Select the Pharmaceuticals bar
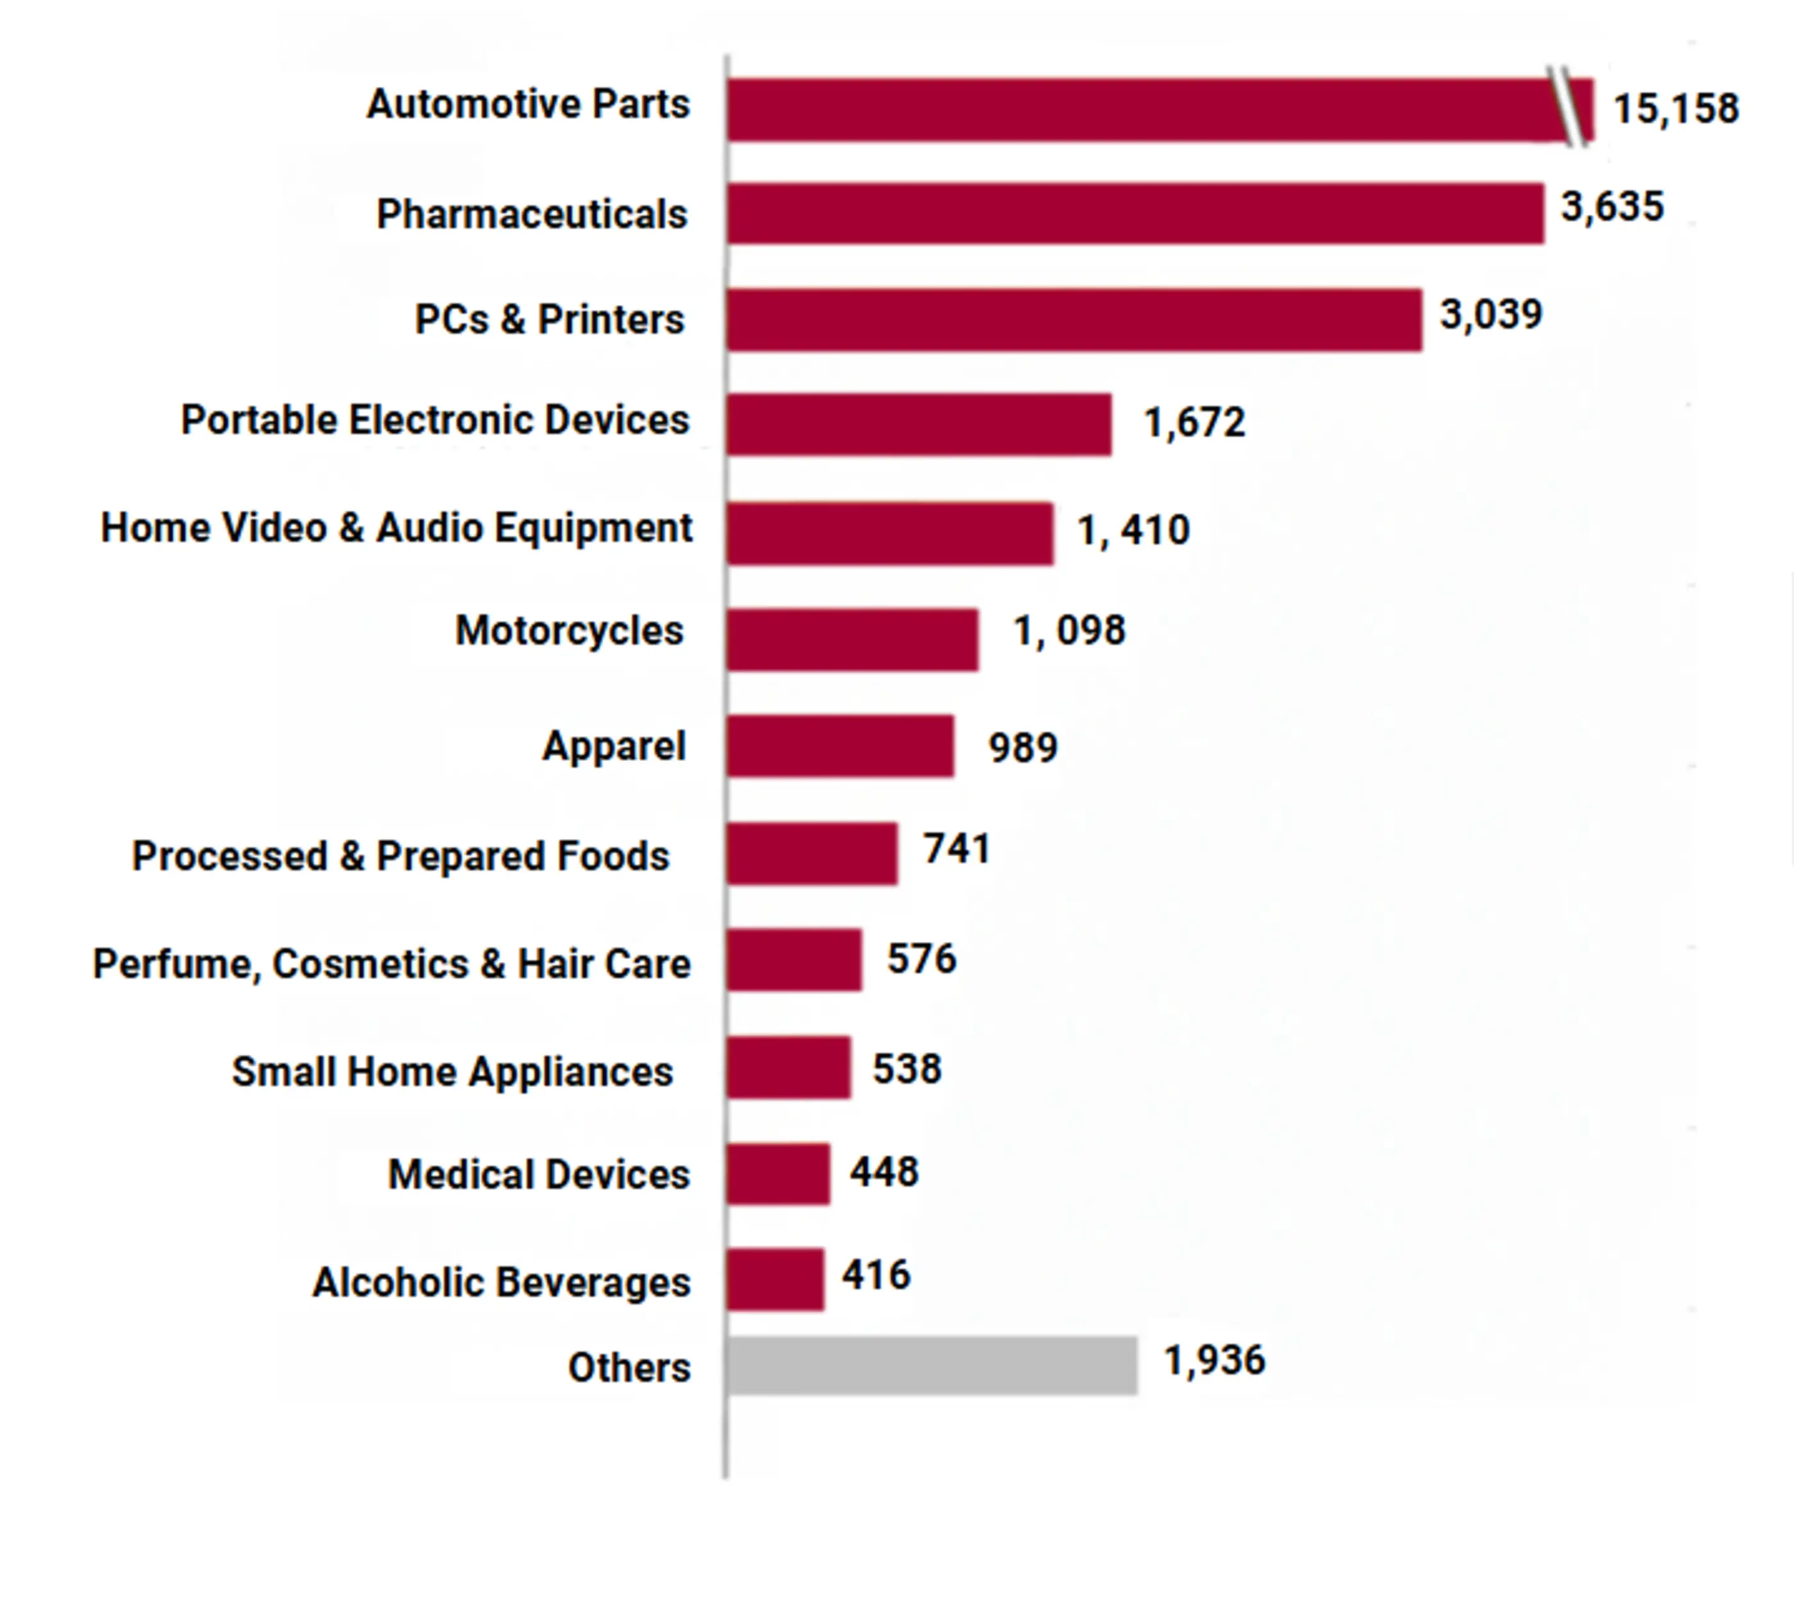pyautogui.click(x=1135, y=214)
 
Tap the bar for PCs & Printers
pyautogui.click(x=1073, y=320)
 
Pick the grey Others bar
pyautogui.click(x=932, y=1366)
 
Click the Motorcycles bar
pyautogui.click(x=852, y=639)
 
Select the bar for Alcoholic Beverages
pyautogui.click(x=775, y=1279)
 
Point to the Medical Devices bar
pyautogui.click(x=777, y=1173)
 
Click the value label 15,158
pyautogui.click(x=1675, y=109)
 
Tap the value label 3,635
pyautogui.click(x=1612, y=208)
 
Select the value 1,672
pyautogui.click(x=1194, y=423)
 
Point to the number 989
pyautogui.click(x=1022, y=748)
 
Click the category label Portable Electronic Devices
pyautogui.click(x=434, y=420)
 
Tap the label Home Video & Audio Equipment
pyautogui.click(x=396, y=528)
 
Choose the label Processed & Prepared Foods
pyautogui.click(x=400, y=856)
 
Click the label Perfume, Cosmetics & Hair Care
pyautogui.click(x=391, y=965)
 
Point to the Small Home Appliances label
pyautogui.click(x=452, y=1072)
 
